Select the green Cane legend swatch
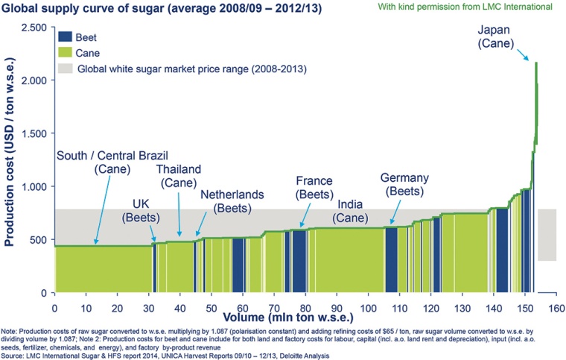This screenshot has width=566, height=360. pyautogui.click(x=65, y=52)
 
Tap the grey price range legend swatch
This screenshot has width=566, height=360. pyautogui.click(x=65, y=69)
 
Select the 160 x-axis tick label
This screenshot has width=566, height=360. pyautogui.click(x=555, y=306)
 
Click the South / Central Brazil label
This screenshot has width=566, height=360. pyautogui.click(x=95, y=163)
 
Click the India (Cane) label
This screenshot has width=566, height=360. pyautogui.click(x=359, y=210)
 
